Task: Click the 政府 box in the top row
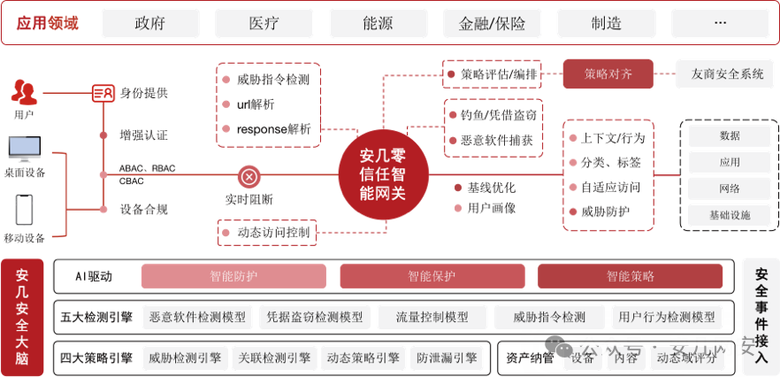[150, 23]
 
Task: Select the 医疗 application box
[264, 23]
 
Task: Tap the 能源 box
[378, 23]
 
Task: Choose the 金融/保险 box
[492, 23]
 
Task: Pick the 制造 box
[606, 23]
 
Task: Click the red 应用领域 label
[49, 23]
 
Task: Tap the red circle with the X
[249, 177]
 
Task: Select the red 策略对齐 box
[608, 74]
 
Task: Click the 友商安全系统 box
[727, 74]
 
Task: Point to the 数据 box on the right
[730, 136]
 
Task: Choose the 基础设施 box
[730, 215]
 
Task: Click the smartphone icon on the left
[24, 210]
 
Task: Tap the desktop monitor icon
[25, 149]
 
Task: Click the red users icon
[24, 89]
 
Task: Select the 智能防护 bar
[233, 276]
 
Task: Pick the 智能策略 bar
[631, 276]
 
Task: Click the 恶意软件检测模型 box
[197, 317]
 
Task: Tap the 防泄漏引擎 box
[447, 358]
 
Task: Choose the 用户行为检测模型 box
[667, 317]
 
